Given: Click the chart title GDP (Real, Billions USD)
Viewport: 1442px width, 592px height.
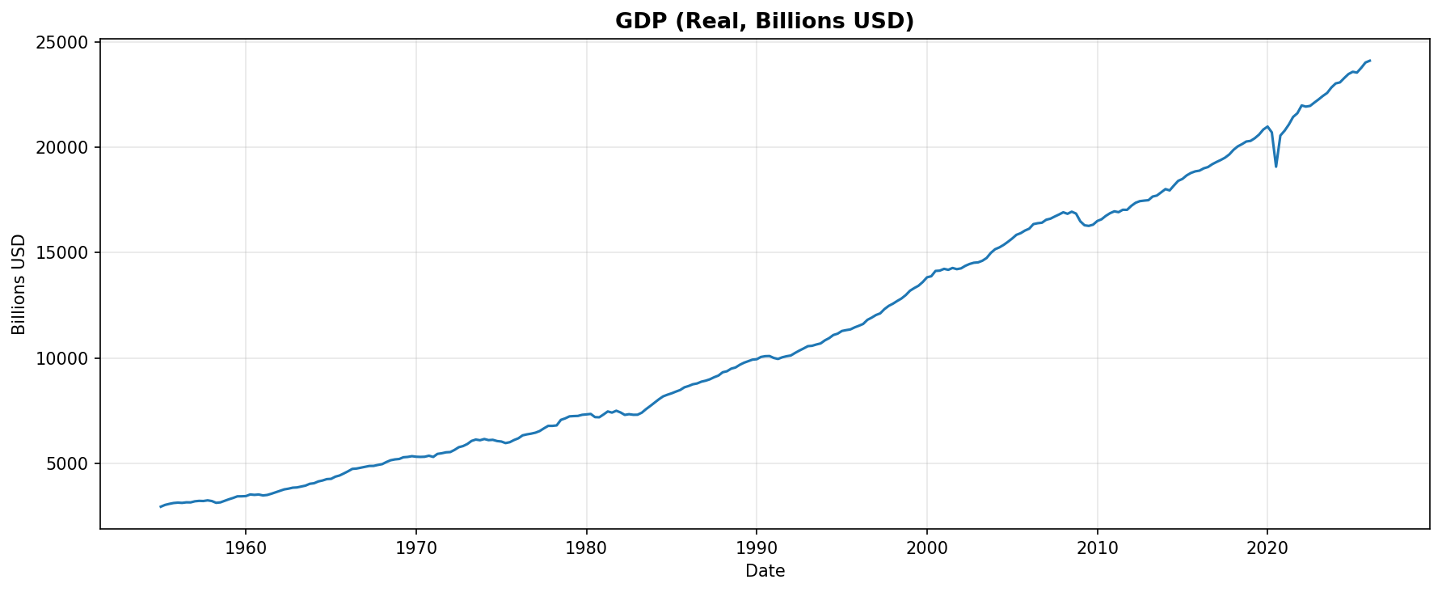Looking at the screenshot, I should (764, 21).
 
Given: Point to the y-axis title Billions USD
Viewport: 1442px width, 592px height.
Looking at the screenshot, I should (19, 284).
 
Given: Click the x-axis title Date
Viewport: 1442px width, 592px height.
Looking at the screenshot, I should (765, 571).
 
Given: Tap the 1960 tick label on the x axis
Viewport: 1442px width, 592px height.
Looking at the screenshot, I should (246, 548).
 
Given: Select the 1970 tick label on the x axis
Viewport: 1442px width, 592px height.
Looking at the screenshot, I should (416, 548).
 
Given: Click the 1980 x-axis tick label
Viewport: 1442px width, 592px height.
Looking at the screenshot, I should (586, 548).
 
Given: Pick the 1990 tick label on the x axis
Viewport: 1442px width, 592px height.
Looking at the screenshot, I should (757, 548).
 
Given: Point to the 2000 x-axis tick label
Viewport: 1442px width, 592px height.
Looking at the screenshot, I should (926, 548).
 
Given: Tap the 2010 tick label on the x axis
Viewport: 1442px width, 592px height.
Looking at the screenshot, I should (1097, 548).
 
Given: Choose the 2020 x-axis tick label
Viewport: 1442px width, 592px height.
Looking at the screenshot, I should (1267, 548).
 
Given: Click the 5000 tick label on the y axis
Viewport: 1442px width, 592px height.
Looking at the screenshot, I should (71, 464).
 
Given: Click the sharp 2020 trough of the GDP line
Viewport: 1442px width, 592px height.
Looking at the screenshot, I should (1275, 167).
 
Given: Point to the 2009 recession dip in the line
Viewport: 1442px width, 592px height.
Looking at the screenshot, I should (1088, 226).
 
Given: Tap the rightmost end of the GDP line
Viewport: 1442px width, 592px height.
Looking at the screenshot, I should (1369, 61).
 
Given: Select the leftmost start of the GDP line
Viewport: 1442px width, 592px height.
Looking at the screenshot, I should (160, 507).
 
